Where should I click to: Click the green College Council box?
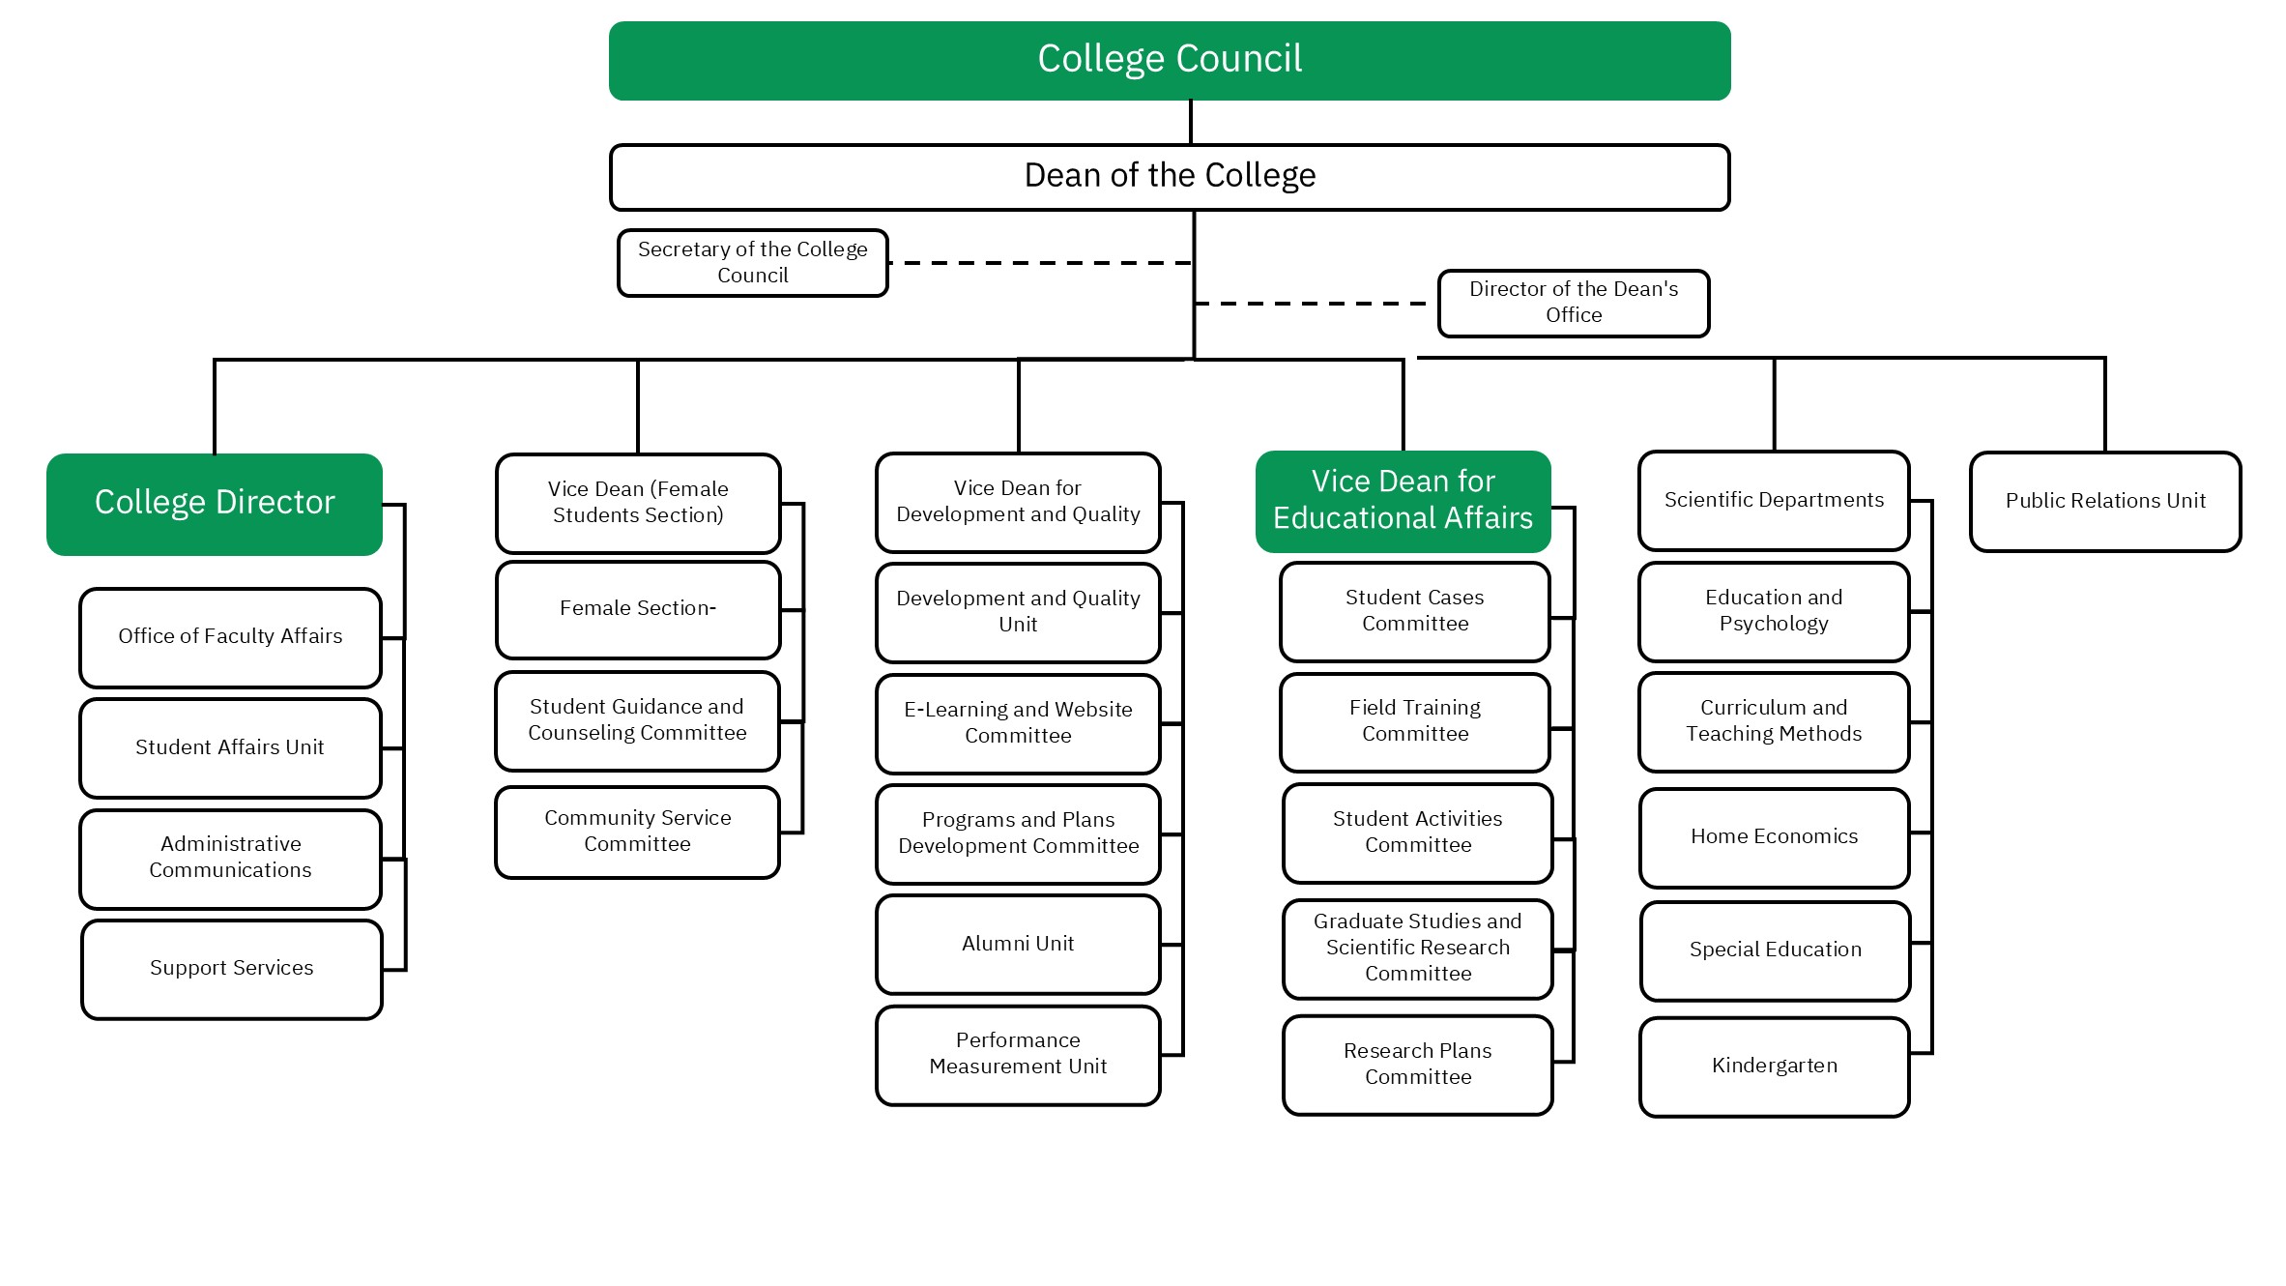1170,60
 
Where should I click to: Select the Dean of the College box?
1170,177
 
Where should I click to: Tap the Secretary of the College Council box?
752,262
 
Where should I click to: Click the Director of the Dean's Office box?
1573,303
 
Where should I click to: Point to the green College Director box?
215,504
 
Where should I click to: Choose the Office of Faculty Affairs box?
230,637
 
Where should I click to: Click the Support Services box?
232,969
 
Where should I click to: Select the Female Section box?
638,609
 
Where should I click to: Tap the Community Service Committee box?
638,832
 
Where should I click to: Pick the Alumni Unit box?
1018,945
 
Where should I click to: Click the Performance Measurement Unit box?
1018,1055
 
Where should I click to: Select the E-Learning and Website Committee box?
1018,723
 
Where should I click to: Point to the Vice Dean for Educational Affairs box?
1403,501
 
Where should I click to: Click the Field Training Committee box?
1415,721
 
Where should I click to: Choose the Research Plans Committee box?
1418,1065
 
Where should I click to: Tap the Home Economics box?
1774,837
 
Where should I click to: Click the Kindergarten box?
1774,1067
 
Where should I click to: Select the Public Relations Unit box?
2105,501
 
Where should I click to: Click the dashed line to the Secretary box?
1039,262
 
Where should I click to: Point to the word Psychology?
1774,624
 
